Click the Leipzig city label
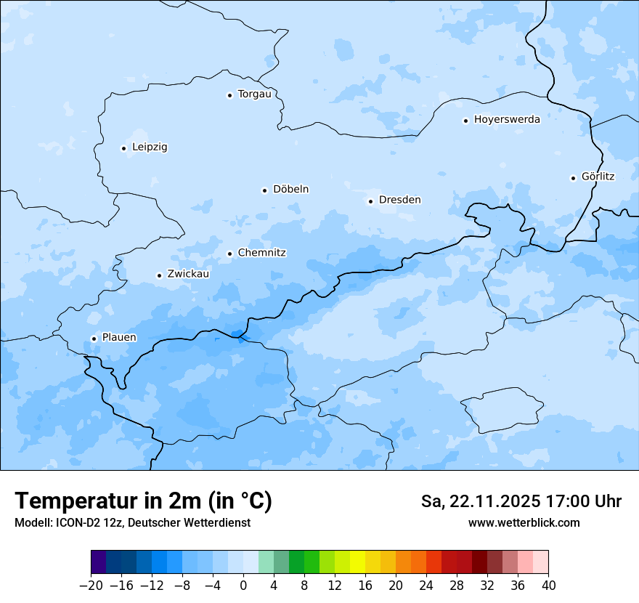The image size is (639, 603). point(150,147)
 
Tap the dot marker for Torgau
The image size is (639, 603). point(229,94)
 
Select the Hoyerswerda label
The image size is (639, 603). point(507,120)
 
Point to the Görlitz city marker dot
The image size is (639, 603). point(573,178)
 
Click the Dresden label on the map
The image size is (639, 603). point(399,200)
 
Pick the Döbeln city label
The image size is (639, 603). point(290,190)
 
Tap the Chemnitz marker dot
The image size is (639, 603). point(229,254)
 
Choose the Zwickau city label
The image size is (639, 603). point(188,275)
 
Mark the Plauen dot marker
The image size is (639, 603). point(94,339)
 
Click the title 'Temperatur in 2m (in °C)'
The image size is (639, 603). point(143,501)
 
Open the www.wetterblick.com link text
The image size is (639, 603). point(524,522)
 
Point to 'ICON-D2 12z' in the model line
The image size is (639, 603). point(87,522)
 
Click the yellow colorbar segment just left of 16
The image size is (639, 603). point(357,562)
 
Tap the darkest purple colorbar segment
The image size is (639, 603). point(99,562)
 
